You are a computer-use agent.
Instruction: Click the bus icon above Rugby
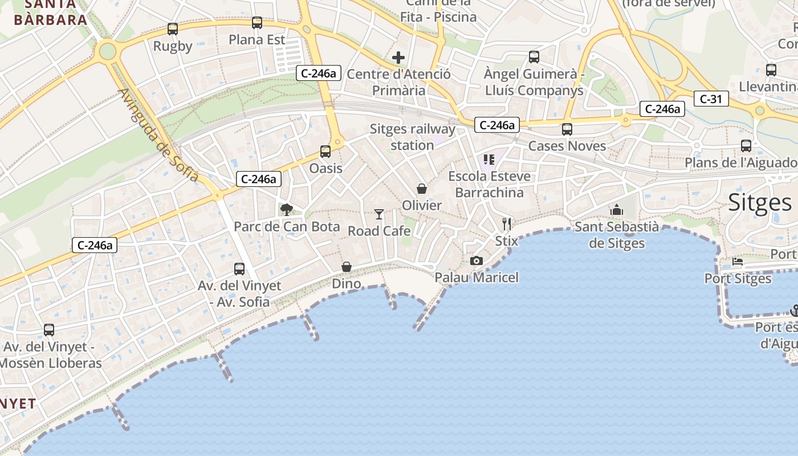173,28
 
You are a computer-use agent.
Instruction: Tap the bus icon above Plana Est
257,23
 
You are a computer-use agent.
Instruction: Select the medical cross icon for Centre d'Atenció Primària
398,57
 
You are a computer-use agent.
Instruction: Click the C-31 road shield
711,99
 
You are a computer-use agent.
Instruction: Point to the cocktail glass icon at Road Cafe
379,214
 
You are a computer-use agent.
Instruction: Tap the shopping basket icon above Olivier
422,188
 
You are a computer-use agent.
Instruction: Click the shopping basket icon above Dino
347,267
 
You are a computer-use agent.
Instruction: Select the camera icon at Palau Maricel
477,260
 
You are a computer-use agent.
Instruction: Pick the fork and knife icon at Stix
507,223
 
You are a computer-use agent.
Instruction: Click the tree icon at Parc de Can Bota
286,210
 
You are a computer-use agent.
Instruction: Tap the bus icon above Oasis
325,151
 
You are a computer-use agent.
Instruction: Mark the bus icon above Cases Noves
567,129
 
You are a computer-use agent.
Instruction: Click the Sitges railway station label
413,137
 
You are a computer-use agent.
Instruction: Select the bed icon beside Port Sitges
738,262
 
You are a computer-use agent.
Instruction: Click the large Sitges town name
760,202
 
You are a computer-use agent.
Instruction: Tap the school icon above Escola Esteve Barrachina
488,159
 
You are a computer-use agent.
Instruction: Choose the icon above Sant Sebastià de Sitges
616,210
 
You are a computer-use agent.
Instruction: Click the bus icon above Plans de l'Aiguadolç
746,145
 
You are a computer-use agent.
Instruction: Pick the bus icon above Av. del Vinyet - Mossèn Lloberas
49,329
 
